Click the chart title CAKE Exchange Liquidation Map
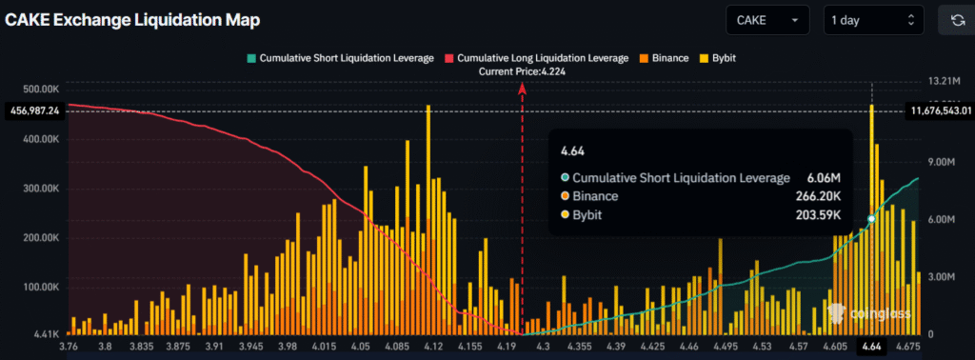(132, 19)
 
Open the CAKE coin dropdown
(766, 20)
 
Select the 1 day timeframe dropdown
(873, 20)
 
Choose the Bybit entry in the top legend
(718, 58)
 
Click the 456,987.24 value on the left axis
(33, 110)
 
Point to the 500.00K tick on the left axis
(41, 90)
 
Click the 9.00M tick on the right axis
(944, 162)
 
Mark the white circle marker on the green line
(871, 219)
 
